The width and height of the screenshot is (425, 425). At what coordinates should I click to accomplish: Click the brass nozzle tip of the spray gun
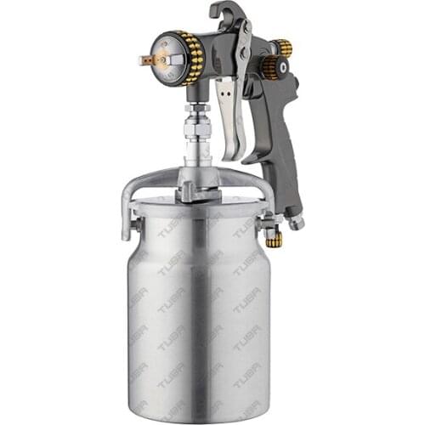pyautogui.click(x=147, y=60)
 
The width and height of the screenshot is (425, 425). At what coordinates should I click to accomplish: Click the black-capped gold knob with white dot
pyautogui.click(x=273, y=68)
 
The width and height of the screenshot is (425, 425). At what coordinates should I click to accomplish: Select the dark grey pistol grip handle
pyautogui.click(x=280, y=127)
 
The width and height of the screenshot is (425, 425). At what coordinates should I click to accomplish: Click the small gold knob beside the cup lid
pyautogui.click(x=274, y=240)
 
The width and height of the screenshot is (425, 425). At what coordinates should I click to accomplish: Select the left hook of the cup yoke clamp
pyautogui.click(x=127, y=223)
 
